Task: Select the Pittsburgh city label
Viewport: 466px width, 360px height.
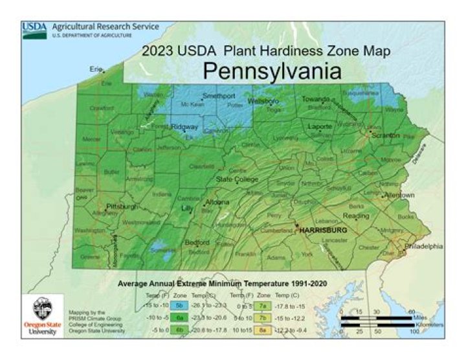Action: (123, 207)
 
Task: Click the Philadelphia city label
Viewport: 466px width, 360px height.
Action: (424, 246)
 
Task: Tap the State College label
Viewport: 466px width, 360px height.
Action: (238, 179)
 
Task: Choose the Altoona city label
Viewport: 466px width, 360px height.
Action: (217, 203)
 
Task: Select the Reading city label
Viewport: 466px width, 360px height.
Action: (355, 216)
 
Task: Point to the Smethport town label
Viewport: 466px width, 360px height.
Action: (218, 96)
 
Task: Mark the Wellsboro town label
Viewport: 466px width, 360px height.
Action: (263, 102)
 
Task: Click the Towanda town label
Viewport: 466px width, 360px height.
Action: (316, 99)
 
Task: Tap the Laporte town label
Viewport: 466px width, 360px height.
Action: (320, 126)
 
